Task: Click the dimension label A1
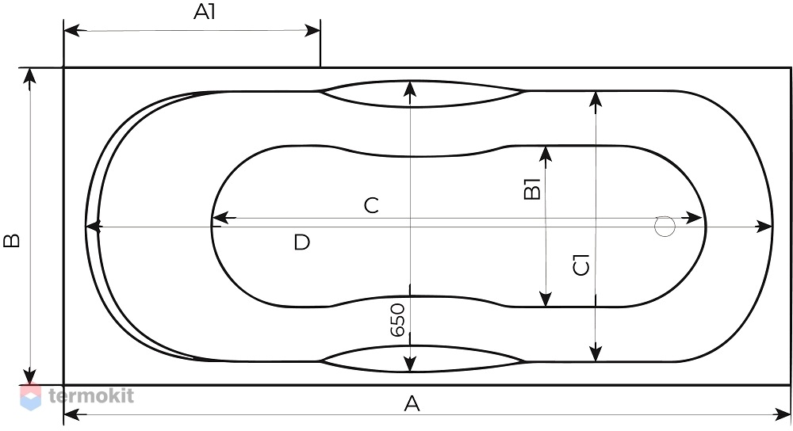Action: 205,12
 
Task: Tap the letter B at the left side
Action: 12,240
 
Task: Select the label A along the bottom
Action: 412,404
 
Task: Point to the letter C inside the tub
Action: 371,206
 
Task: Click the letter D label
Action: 301,242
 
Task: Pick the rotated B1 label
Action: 533,189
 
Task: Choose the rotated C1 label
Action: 581,265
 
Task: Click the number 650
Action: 398,320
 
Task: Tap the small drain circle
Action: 665,227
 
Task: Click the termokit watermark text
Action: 91,395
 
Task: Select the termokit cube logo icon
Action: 30,397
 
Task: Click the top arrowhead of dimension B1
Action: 546,154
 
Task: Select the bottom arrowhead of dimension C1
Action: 596,353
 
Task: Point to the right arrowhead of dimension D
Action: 764,227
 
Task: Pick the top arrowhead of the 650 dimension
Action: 410,89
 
